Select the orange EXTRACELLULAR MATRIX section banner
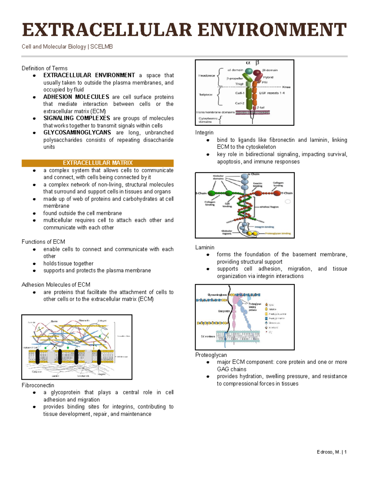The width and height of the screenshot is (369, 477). pyautogui.click(x=97, y=163)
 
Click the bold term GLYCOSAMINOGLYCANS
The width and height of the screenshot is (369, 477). pyautogui.click(x=77, y=133)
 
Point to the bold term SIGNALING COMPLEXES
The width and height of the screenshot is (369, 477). pyautogui.click(x=77, y=118)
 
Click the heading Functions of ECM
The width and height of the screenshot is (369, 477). pyautogui.click(x=43, y=242)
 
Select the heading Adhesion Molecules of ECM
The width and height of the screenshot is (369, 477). pyautogui.click(x=56, y=285)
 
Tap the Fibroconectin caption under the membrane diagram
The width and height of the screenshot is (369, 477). pyautogui.click(x=38, y=385)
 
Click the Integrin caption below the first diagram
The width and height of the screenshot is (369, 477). pyautogui.click(x=204, y=133)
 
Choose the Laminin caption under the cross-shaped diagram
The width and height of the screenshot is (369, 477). pyautogui.click(x=205, y=247)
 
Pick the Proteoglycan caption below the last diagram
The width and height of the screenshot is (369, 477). pyautogui.click(x=211, y=355)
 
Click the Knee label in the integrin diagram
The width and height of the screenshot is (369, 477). pyautogui.click(x=286, y=87)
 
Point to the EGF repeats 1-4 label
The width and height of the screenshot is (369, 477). pyautogui.click(x=272, y=93)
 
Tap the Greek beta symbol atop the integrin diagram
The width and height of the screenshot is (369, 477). pyautogui.click(x=257, y=63)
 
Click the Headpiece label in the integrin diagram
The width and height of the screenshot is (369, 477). pyautogui.click(x=207, y=76)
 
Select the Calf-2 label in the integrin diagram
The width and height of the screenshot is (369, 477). pyautogui.click(x=240, y=103)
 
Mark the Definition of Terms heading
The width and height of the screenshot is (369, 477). pyautogui.click(x=44, y=68)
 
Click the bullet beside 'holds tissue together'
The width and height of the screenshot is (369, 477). pyautogui.click(x=34, y=264)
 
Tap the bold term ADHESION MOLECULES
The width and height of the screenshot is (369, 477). pyautogui.click(x=76, y=97)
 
